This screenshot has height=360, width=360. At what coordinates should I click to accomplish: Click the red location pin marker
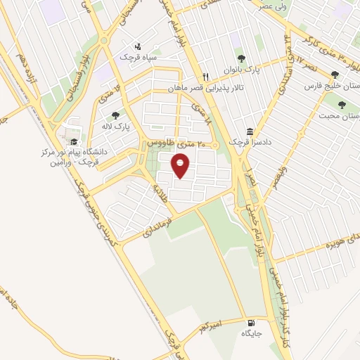pos(181,167)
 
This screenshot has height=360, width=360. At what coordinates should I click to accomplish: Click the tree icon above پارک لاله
pos(115,115)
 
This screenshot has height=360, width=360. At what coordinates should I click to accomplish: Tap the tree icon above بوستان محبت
pos(342,105)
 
